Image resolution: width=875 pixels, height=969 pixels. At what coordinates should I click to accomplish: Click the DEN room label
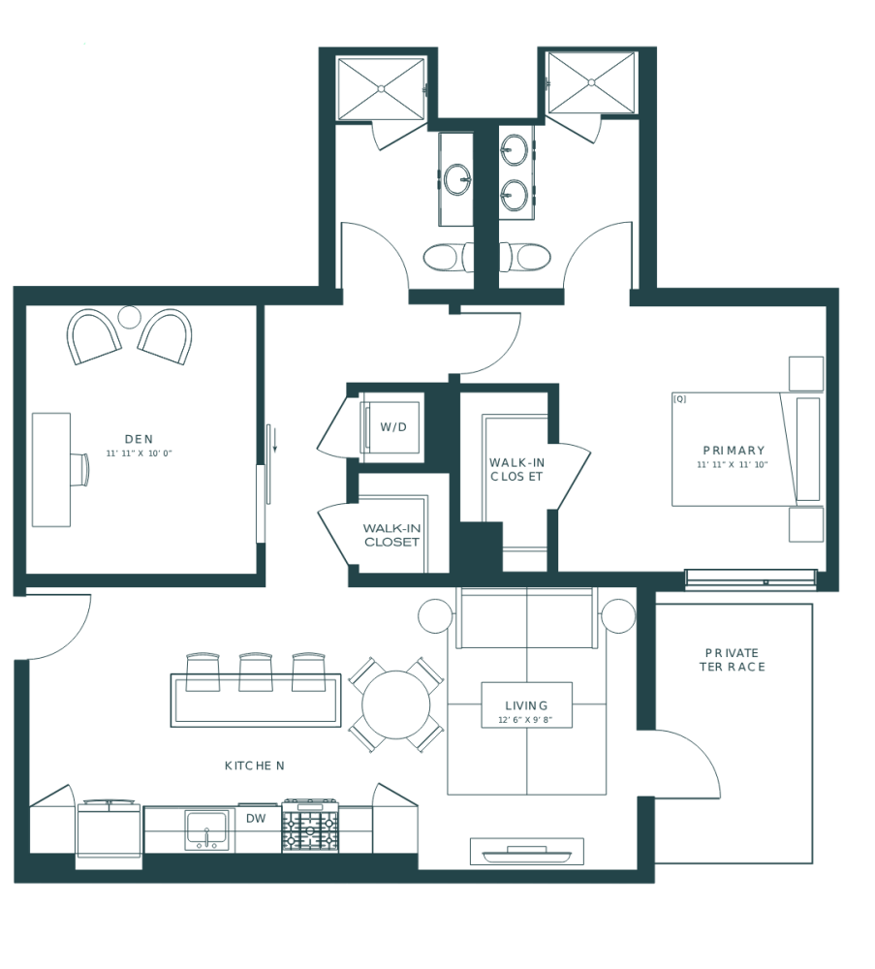139,439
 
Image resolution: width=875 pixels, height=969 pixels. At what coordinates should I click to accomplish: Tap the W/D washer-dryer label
391,426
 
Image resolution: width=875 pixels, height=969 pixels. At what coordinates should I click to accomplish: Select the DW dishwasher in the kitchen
256,819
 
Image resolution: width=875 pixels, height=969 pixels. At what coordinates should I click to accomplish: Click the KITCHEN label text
254,766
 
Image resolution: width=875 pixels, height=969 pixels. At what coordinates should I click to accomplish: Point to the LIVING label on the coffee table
526,705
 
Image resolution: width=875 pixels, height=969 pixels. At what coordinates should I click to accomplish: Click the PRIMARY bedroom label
734,451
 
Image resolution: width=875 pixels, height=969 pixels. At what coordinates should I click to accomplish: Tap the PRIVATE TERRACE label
733,659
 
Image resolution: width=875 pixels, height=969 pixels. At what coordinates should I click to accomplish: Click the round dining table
395,704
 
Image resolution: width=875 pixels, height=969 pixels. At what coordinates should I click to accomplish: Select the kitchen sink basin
206,828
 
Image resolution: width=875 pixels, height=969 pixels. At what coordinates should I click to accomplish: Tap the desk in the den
51,469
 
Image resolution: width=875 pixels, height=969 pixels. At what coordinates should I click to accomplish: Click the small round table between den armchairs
129,316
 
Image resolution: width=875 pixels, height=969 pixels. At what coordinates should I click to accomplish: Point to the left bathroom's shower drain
382,88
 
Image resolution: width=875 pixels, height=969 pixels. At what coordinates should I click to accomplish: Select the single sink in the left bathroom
457,178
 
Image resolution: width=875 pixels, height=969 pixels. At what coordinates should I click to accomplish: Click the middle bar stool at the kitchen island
256,672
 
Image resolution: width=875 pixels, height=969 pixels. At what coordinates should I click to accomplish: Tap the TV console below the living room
527,852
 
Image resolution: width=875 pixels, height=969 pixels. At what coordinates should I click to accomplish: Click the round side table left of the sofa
435,615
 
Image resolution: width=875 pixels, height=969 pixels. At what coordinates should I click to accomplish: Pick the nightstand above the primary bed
805,374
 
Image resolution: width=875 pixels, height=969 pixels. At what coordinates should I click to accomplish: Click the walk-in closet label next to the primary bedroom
516,469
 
